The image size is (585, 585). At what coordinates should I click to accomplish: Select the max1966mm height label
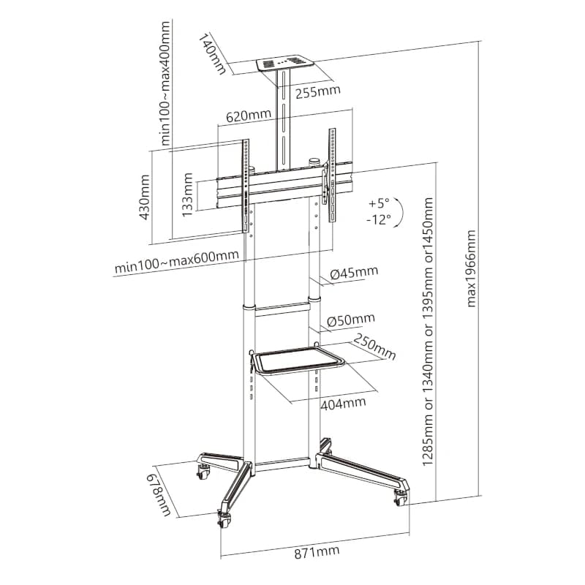click(472, 268)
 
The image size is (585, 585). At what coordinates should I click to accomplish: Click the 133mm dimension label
click(188, 195)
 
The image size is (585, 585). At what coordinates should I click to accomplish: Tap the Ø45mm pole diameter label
click(354, 273)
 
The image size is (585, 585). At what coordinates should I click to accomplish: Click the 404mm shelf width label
click(342, 403)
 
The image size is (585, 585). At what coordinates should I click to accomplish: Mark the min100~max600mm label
click(176, 261)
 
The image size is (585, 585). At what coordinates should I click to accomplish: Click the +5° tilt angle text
click(380, 203)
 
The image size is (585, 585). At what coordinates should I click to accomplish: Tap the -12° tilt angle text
click(379, 218)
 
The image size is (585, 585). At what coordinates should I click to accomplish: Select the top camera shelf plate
click(284, 64)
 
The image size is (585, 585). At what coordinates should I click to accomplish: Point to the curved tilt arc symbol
click(401, 211)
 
